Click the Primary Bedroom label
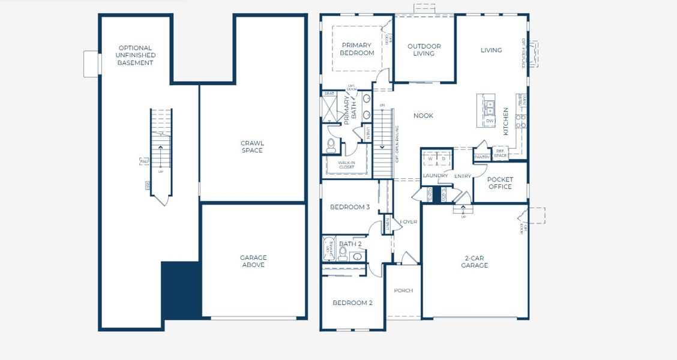[357, 49]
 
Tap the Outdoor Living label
[424, 50]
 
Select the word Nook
[423, 116]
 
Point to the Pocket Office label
[500, 183]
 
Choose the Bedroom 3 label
[349, 208]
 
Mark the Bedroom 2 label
[352, 303]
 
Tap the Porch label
[403, 291]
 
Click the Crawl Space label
[252, 147]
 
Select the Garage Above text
[253, 261]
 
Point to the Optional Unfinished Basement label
[135, 55]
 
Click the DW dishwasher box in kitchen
[490, 121]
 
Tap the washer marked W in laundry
[430, 159]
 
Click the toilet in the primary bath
[330, 145]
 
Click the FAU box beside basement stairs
[143, 161]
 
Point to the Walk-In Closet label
[346, 164]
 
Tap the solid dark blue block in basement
[180, 290]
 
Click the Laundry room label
[435, 176]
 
